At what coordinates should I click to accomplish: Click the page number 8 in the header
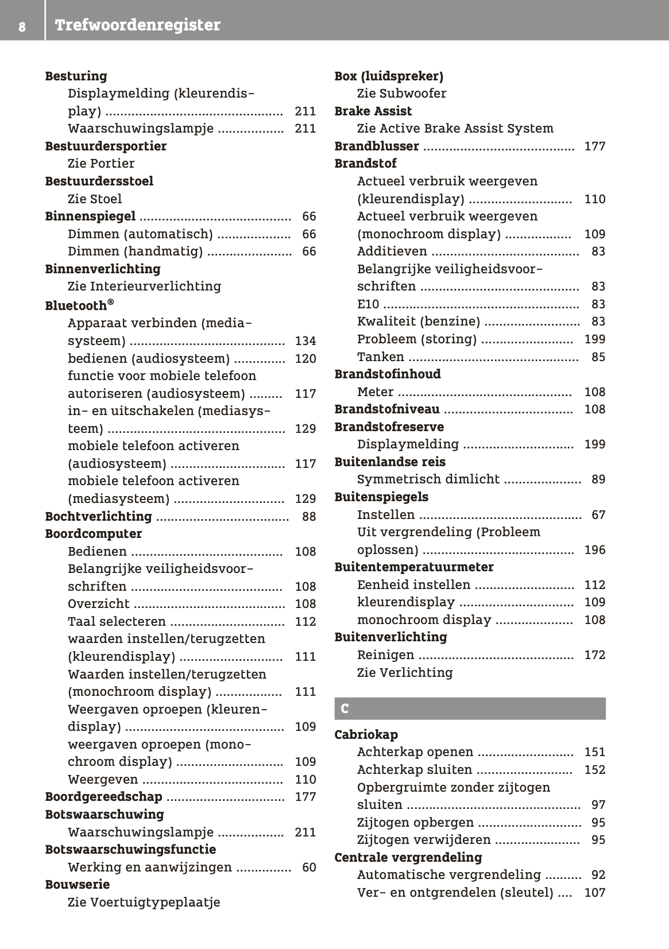21,26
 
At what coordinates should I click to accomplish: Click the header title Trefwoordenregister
137,25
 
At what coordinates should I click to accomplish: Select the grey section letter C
345,709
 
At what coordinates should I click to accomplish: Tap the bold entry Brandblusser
377,146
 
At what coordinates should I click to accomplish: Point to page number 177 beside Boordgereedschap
305,797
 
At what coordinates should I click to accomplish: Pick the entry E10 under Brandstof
368,304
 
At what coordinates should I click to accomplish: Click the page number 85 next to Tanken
598,357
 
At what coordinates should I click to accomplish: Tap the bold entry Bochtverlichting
98,517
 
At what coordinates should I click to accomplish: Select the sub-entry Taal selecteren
117,622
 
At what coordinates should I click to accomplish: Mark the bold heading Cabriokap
366,735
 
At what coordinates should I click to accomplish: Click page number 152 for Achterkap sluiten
594,770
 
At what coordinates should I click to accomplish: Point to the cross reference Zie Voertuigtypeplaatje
144,902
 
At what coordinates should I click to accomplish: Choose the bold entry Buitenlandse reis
390,462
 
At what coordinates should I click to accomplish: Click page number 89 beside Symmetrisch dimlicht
598,479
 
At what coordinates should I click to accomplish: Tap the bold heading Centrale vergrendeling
408,858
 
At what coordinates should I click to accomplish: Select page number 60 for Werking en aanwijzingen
309,867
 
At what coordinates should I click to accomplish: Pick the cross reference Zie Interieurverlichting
144,286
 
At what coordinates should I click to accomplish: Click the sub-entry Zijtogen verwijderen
424,840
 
